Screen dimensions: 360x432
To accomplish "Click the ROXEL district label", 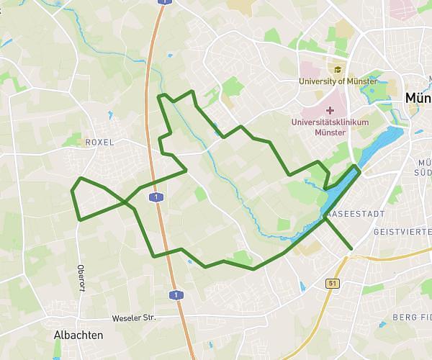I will pos(99,143).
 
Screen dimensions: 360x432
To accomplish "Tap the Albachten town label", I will pos(78,335).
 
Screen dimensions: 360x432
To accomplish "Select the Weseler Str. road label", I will pos(134,318).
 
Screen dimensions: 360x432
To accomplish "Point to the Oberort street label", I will pos(81,277).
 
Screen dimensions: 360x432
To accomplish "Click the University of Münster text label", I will pos(338,81).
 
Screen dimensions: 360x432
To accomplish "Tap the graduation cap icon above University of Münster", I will pos(337,70).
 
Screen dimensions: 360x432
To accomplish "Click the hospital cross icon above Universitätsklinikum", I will pos(330,111).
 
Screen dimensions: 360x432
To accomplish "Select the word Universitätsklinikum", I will pos(330,122).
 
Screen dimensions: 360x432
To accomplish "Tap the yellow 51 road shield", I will pos(333,283).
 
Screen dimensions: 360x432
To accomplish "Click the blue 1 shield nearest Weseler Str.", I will pos(175,294).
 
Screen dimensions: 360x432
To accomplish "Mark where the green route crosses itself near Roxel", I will pos(129,202).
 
